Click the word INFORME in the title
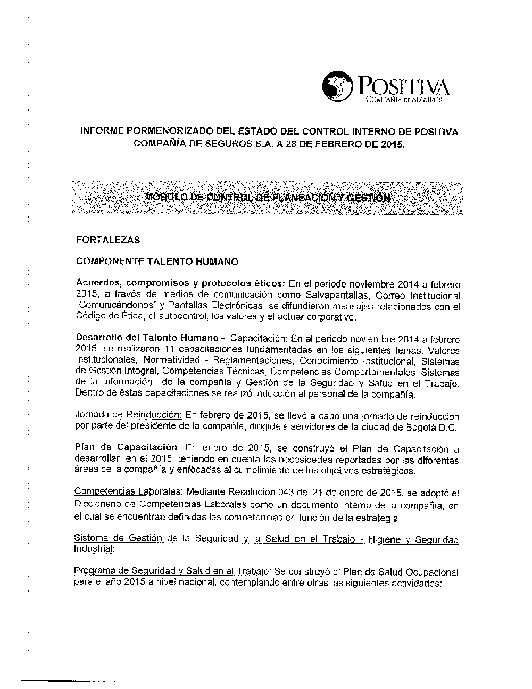point(101,132)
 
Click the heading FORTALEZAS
point(108,240)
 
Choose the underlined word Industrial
point(94,549)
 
